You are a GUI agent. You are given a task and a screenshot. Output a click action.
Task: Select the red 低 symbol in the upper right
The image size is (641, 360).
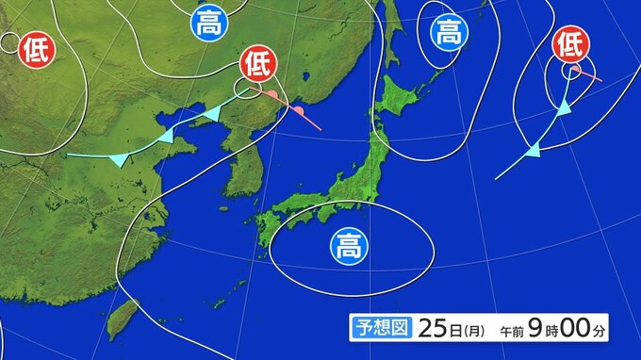(x=569, y=42)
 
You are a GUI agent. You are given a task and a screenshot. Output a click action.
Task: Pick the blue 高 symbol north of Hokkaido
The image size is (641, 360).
(x=449, y=35)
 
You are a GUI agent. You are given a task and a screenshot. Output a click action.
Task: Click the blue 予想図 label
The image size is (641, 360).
(x=381, y=327)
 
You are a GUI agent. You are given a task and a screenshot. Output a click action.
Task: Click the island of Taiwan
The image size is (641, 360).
(x=121, y=319)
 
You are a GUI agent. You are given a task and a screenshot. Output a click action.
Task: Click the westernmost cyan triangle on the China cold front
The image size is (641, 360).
(x=119, y=161)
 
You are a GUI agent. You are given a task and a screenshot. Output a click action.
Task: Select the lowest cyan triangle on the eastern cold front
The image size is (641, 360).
(x=533, y=150)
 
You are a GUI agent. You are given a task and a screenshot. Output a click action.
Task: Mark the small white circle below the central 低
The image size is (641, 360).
(x=248, y=89)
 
